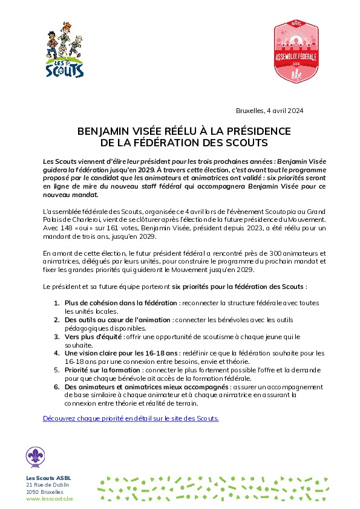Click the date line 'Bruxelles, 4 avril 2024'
click(x=269, y=111)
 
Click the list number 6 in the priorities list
click(x=56, y=386)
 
